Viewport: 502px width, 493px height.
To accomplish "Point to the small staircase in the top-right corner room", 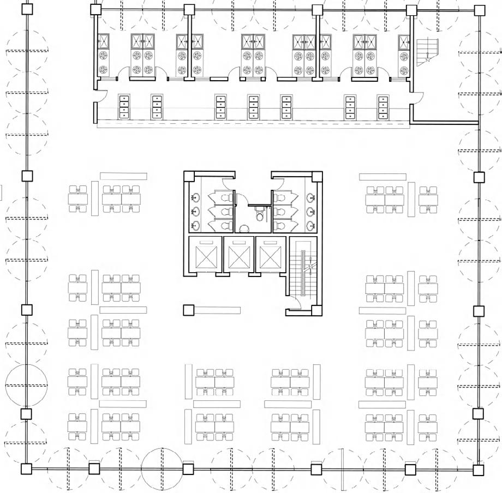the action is [x=427, y=52].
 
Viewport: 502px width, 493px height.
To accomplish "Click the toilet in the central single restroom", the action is [x=260, y=217].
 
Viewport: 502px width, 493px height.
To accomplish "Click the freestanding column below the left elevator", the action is [x=189, y=310].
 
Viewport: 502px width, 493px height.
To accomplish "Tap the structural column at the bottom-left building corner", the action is [x=26, y=469].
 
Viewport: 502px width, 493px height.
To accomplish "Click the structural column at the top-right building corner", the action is [x=479, y=11].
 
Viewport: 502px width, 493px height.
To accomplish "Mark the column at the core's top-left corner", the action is [x=189, y=177].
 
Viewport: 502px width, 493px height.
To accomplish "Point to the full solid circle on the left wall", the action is [x=26, y=384].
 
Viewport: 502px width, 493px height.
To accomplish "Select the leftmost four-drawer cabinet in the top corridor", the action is [x=124, y=107].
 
